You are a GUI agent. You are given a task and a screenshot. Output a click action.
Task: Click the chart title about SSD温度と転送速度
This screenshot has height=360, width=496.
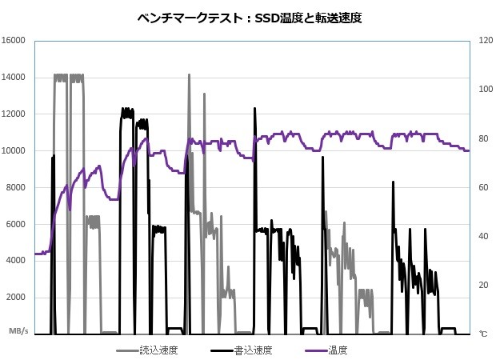click(247, 17)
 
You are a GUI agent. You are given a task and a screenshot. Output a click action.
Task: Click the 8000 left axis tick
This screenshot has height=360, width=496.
click(17, 188)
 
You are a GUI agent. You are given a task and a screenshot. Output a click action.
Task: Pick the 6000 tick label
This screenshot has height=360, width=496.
click(17, 224)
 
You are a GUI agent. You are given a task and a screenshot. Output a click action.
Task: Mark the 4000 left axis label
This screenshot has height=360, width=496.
click(17, 261)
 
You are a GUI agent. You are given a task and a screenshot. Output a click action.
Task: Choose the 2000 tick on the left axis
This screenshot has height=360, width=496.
click(17, 298)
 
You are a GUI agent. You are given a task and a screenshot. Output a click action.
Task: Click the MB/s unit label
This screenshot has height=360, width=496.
click(19, 330)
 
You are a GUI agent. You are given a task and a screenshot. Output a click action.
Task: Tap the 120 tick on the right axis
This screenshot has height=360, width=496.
click(485, 41)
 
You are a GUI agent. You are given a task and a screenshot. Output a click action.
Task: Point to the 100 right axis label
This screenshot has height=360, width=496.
click(485, 90)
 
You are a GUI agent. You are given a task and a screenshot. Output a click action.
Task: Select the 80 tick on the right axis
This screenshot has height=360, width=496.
click(482, 138)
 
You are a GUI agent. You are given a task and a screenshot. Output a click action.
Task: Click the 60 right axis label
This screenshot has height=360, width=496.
click(482, 187)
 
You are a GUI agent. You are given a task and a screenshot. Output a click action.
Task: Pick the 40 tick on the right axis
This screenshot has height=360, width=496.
click(482, 236)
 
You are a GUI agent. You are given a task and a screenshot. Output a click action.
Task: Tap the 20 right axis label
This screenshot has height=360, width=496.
click(482, 285)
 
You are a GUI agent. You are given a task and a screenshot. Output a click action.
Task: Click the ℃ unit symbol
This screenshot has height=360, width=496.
click(482, 332)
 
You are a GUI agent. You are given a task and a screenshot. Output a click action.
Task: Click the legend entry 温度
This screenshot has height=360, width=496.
click(337, 350)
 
